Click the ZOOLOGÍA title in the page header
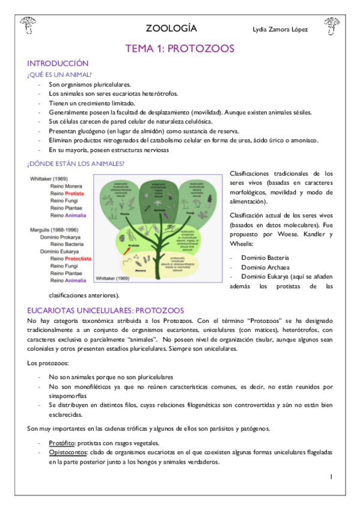(171, 28)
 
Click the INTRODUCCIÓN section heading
(58, 63)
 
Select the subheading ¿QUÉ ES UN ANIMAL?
(59, 75)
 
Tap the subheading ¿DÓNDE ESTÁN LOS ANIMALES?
(75, 164)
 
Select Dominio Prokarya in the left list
(65, 237)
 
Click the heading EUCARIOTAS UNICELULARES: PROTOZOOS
(105, 310)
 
